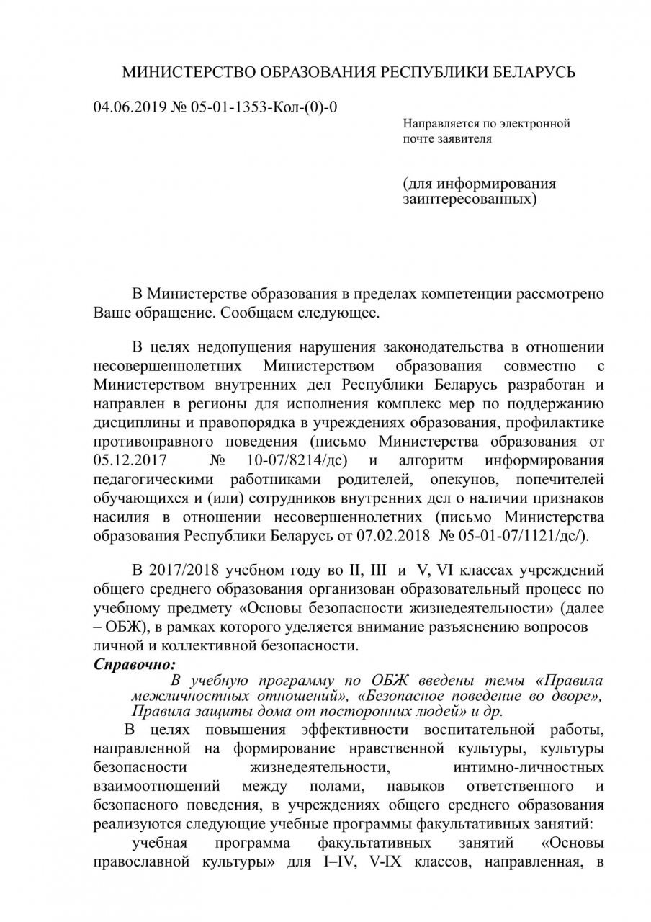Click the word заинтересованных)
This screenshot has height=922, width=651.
(x=470, y=197)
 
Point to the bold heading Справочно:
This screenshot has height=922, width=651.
(x=135, y=664)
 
